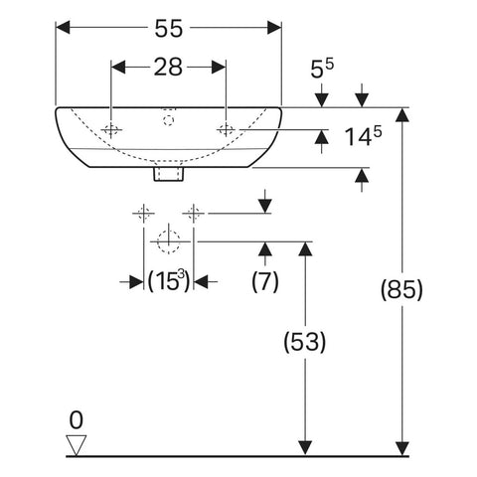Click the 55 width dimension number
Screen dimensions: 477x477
click(x=169, y=28)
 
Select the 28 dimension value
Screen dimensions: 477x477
click(x=168, y=67)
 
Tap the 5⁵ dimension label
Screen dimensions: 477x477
click(x=322, y=69)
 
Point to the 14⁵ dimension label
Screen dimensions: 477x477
click(x=363, y=136)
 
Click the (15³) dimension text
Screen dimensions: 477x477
click(x=169, y=281)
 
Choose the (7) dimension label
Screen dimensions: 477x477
click(x=265, y=281)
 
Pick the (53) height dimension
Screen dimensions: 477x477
click(x=305, y=342)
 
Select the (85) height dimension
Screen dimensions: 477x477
click(x=401, y=289)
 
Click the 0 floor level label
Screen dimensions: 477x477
click(x=77, y=420)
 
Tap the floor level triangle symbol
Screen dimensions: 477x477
click(x=77, y=445)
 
